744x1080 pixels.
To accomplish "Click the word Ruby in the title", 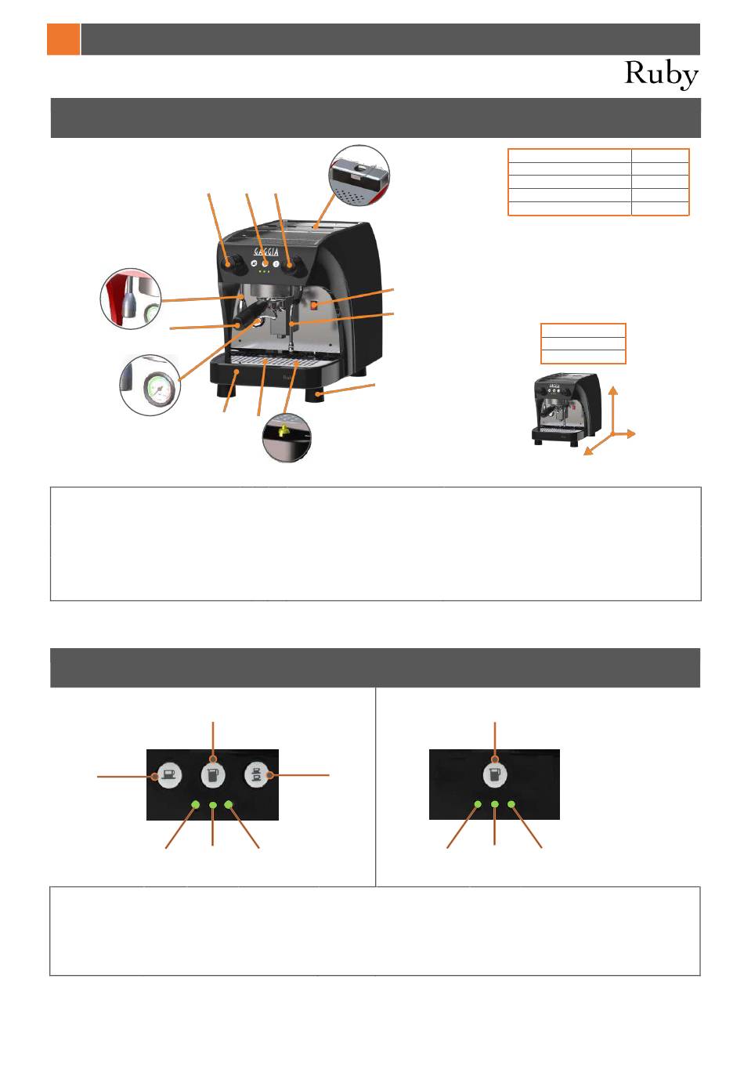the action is pyautogui.click(x=661, y=74).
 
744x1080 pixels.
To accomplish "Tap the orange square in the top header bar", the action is pyautogui.click(x=63, y=39).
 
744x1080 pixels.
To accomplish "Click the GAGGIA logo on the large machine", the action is pyautogui.click(x=265, y=252).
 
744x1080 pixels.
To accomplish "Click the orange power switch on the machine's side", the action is pyautogui.click(x=315, y=305).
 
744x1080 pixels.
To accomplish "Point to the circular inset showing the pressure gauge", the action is pyautogui.click(x=150, y=386).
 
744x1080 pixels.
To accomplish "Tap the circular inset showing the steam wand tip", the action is pyautogui.click(x=131, y=298).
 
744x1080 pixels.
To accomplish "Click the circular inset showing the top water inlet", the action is pyautogui.click(x=359, y=176).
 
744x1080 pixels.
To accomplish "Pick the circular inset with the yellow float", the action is pyautogui.click(x=287, y=437).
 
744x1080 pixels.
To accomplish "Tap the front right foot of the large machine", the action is pyautogui.click(x=319, y=393).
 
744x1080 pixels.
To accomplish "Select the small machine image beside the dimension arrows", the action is pyautogui.click(x=565, y=409).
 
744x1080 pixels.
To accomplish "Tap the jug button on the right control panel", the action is pyautogui.click(x=495, y=775).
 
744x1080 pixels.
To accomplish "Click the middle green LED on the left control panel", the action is pyautogui.click(x=213, y=804).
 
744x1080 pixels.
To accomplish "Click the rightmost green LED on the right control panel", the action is pyautogui.click(x=512, y=804).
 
